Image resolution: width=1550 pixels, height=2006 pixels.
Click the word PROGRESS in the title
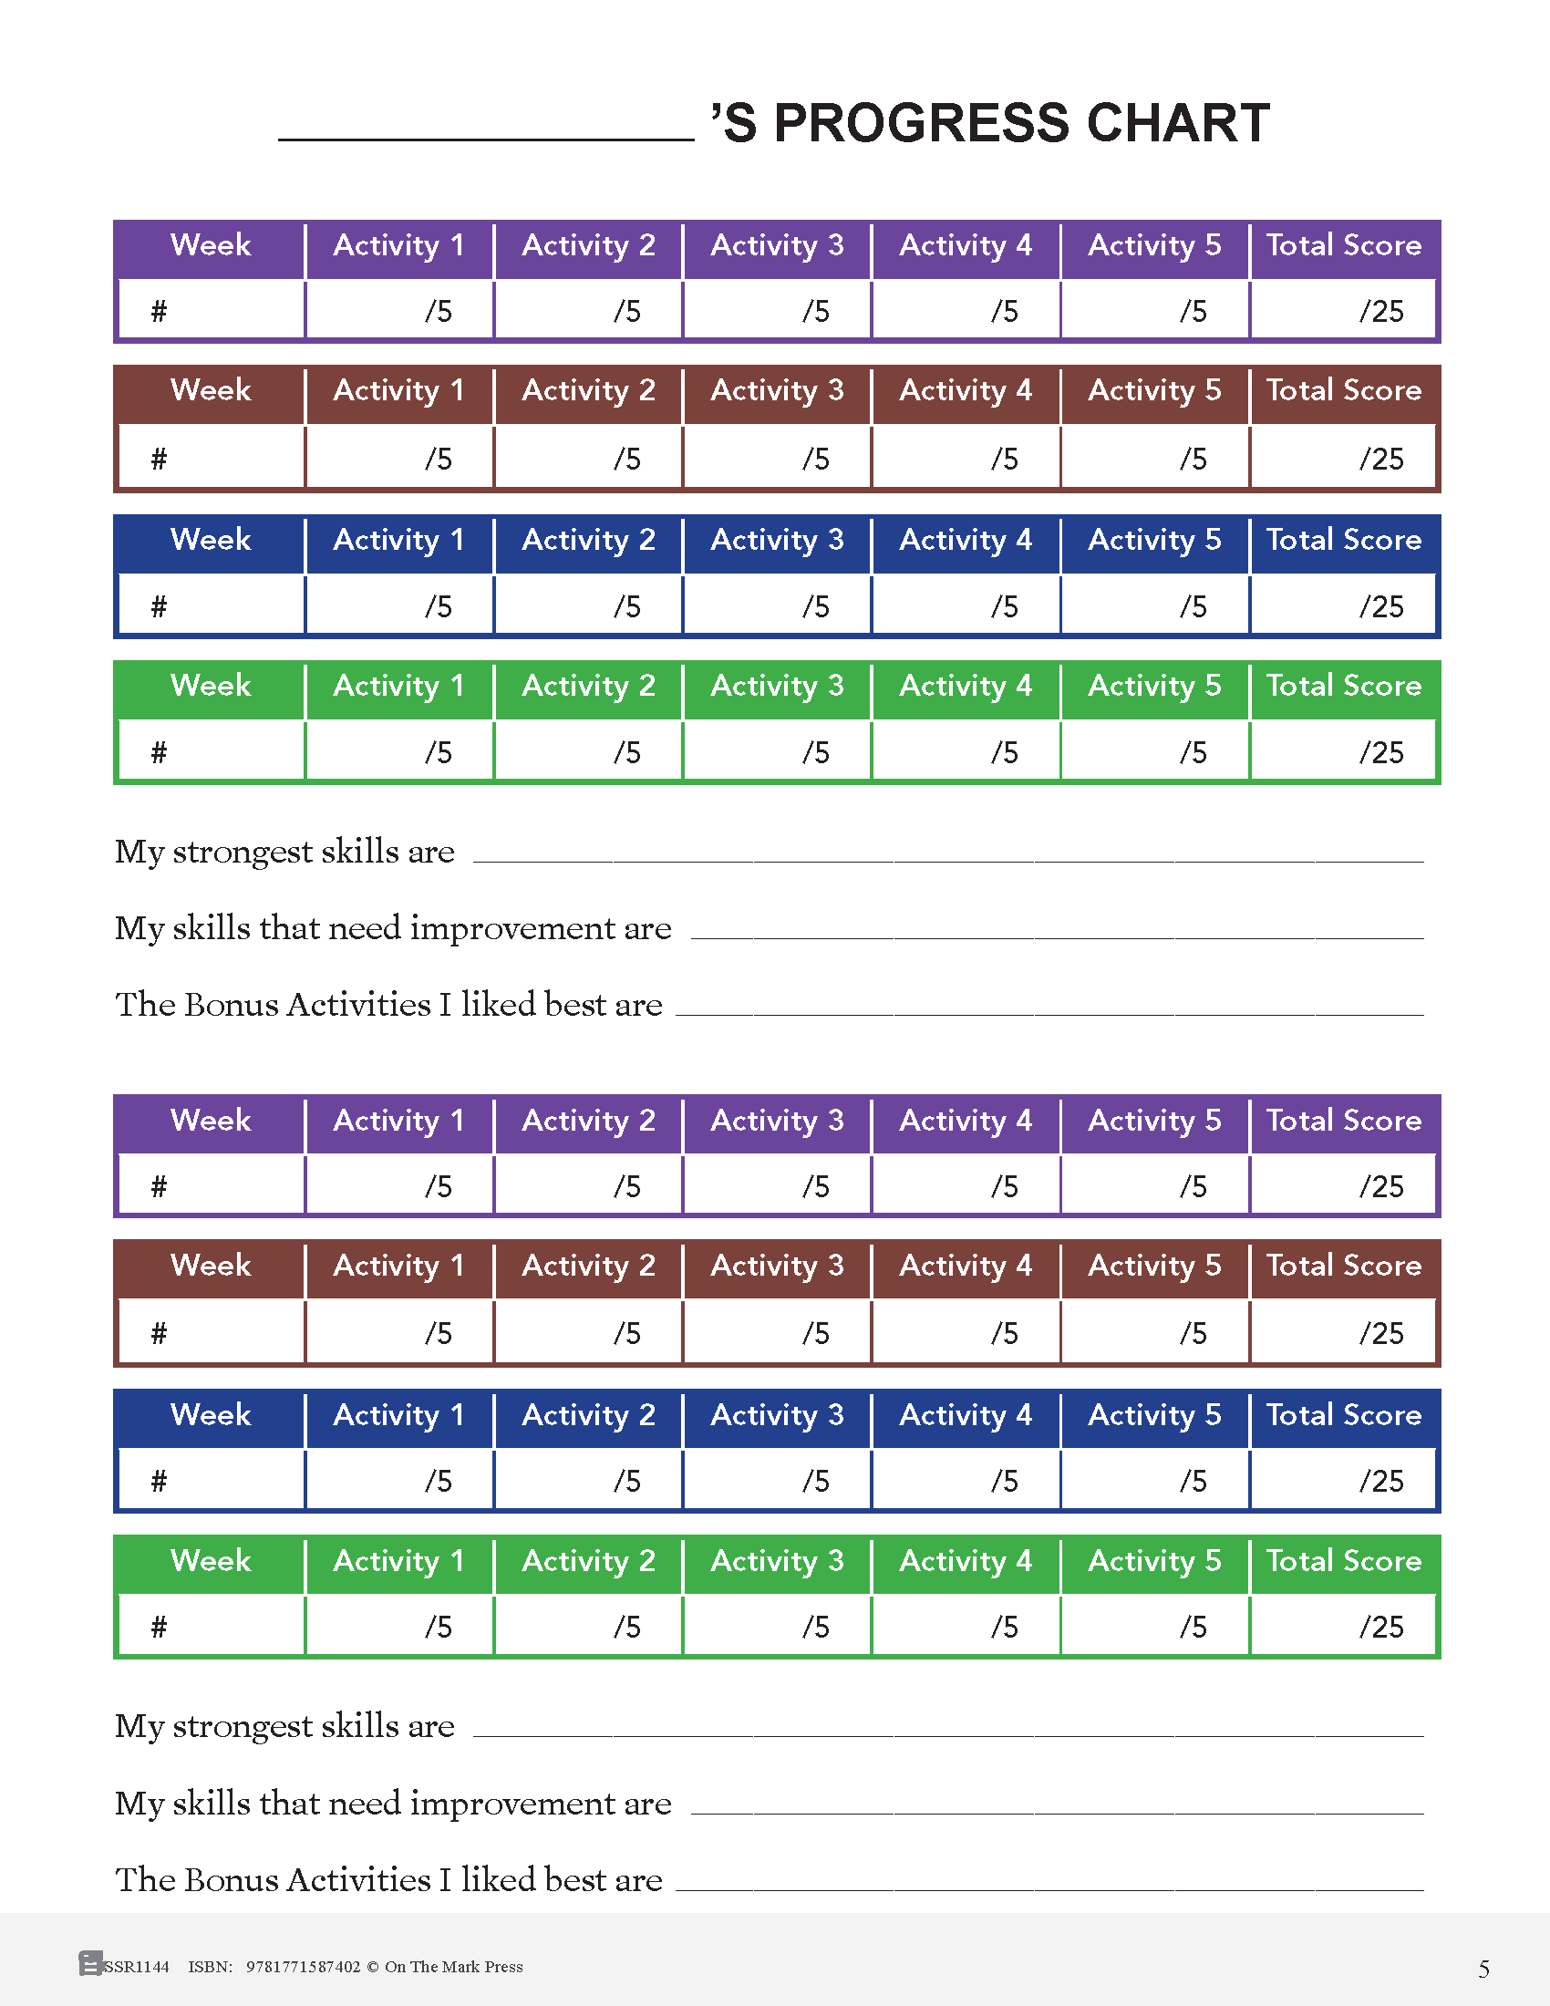(921, 123)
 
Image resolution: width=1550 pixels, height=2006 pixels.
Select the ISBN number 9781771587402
(303, 1967)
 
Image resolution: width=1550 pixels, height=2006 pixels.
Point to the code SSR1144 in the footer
(137, 1967)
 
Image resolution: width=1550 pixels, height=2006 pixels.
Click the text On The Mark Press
(454, 1967)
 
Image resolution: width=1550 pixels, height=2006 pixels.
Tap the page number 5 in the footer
(1483, 1969)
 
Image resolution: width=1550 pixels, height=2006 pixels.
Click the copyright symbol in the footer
(373, 1967)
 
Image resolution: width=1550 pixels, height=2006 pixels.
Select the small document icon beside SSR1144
(90, 1964)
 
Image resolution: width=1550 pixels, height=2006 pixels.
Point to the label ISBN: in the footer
(211, 1967)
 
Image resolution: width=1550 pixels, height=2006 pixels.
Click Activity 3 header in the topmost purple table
(777, 245)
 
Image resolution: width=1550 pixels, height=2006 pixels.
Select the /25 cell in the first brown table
(1343, 458)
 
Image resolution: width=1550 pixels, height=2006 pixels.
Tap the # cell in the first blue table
(212, 606)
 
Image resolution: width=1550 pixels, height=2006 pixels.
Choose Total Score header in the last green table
(1343, 1560)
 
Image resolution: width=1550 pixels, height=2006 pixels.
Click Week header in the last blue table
(211, 1414)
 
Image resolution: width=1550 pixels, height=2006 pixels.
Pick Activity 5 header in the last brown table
(1154, 1266)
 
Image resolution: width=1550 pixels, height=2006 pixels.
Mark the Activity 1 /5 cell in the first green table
(400, 752)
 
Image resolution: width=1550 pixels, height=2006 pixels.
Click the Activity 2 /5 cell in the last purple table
(589, 1185)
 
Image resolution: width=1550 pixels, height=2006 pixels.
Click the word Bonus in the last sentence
(235, 1880)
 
